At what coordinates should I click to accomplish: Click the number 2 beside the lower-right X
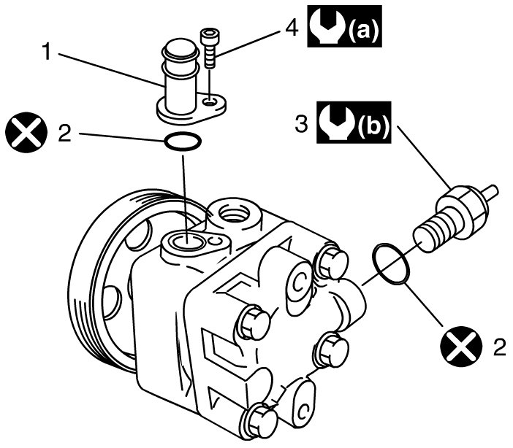(x=499, y=347)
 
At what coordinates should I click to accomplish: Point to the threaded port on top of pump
(x=235, y=212)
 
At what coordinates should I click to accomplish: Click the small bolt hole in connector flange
(x=210, y=99)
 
